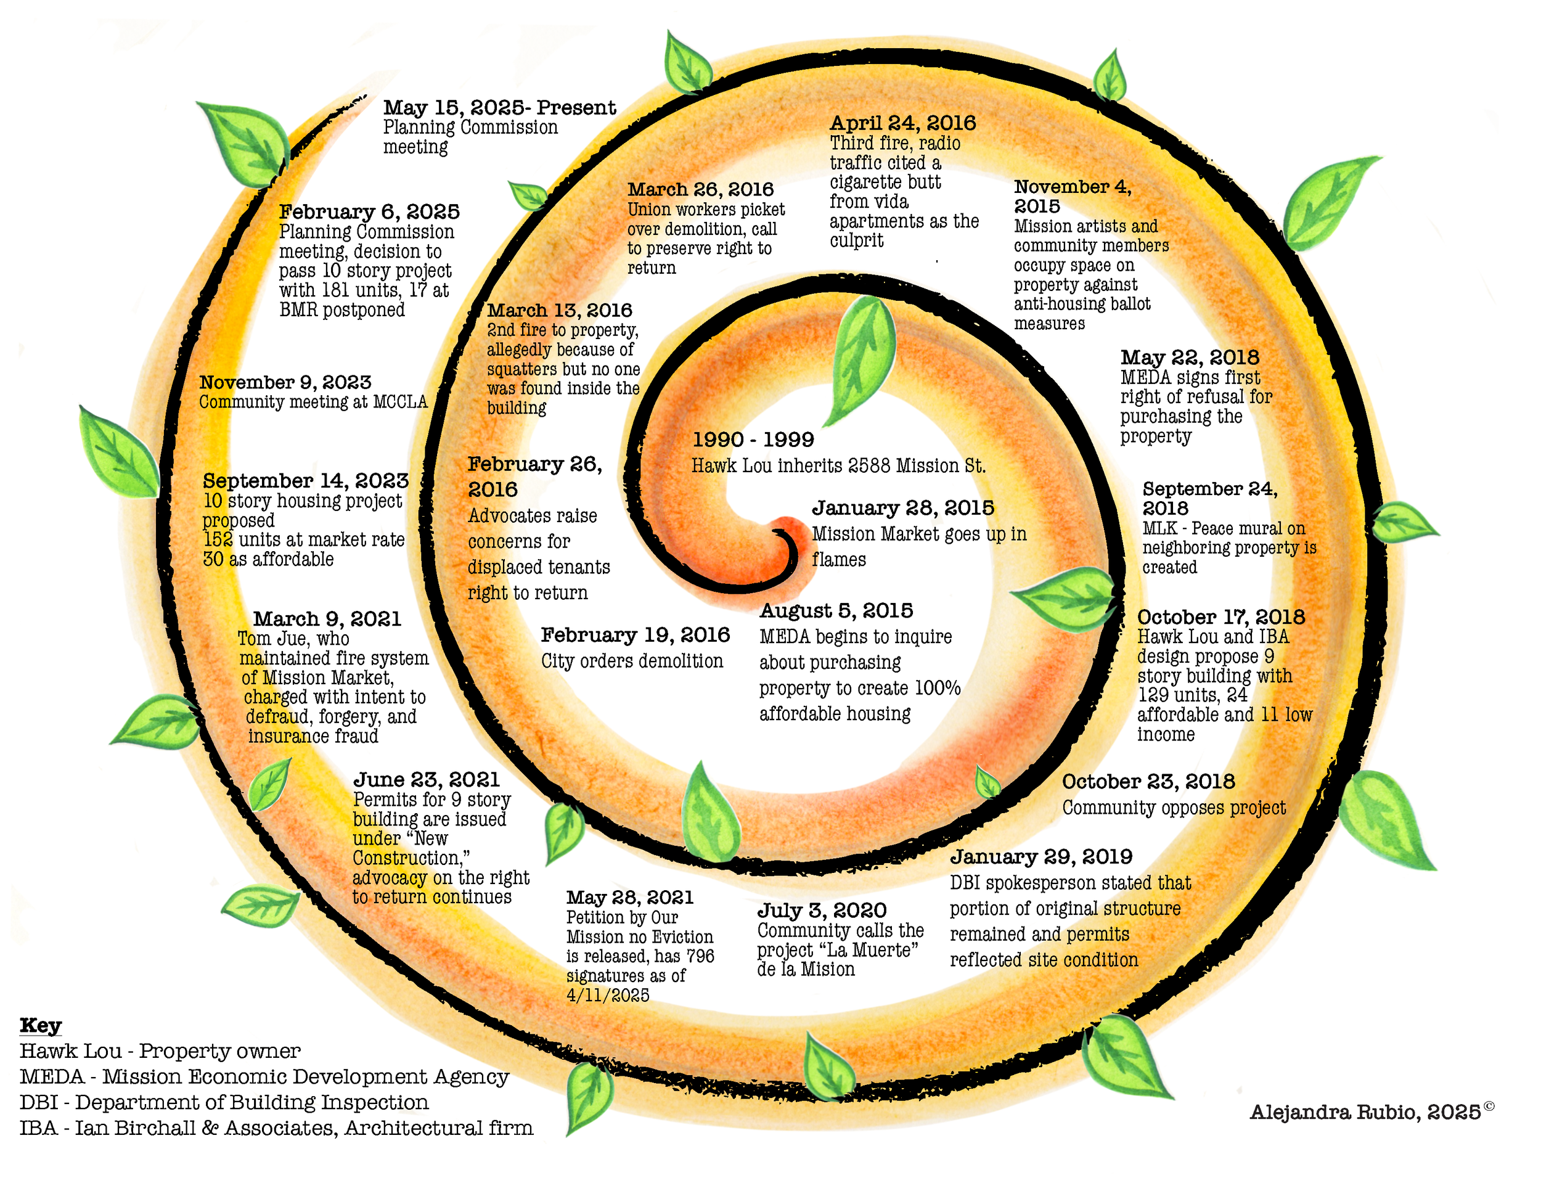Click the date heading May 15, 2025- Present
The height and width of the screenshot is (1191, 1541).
(x=499, y=107)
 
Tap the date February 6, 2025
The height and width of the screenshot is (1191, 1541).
(x=369, y=211)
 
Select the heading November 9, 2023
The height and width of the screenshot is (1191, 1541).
(x=285, y=382)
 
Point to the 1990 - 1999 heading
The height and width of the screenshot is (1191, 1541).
(x=753, y=440)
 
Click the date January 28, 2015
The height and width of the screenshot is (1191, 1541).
(x=902, y=508)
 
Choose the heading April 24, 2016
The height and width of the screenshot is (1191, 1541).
(x=902, y=123)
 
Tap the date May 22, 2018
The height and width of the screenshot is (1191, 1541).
(x=1190, y=357)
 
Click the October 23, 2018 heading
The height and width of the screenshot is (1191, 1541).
(x=1148, y=782)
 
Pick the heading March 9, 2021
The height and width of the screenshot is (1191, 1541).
(x=327, y=619)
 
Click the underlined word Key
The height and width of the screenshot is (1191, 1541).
(x=40, y=1025)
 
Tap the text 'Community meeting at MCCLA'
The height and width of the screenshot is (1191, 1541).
(x=313, y=402)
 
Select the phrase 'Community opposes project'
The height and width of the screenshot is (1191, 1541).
(x=1174, y=808)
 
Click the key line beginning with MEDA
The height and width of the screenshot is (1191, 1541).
(x=264, y=1077)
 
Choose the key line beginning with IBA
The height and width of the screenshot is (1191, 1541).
(x=276, y=1128)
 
